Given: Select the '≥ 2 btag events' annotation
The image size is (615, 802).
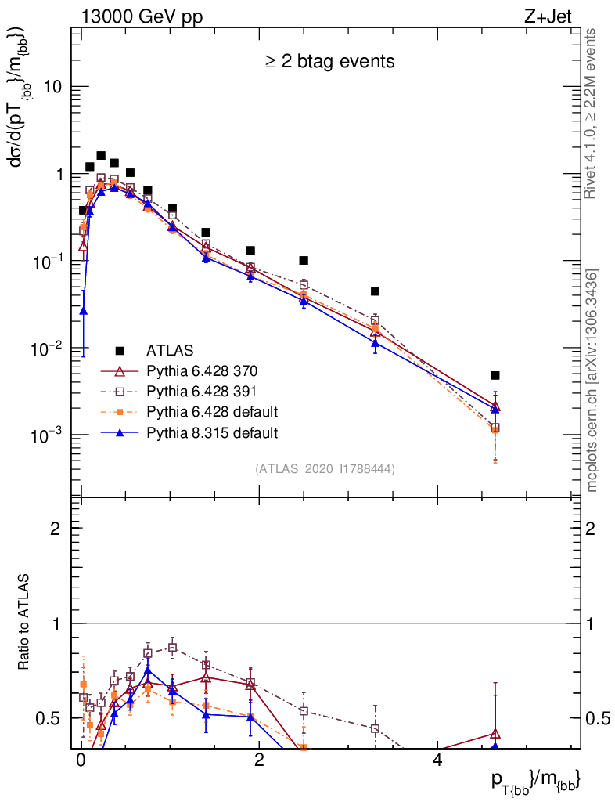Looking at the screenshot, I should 328,61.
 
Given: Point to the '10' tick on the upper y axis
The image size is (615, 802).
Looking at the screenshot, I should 52,87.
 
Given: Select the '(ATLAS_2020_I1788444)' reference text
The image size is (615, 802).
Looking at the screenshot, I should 325,469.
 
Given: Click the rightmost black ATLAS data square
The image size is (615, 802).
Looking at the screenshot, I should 495,375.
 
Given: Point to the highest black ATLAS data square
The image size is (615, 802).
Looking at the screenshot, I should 101,156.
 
